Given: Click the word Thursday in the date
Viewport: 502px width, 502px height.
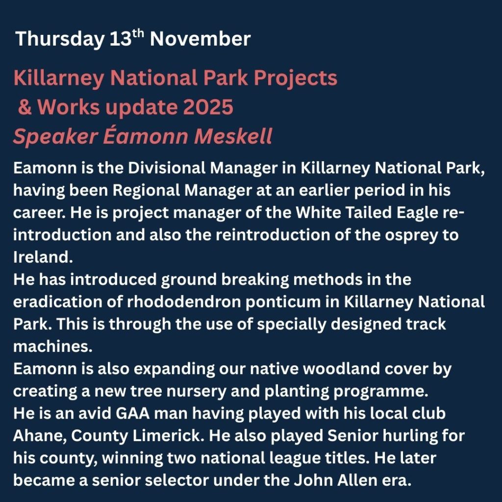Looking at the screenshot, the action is (60, 39).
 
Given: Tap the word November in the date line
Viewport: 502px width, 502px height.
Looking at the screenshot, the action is (201, 39).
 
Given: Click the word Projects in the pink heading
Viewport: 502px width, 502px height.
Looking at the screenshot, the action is (296, 78).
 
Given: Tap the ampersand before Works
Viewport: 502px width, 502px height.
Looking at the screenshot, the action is (25, 107).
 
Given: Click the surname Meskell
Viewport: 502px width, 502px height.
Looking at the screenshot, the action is (233, 136).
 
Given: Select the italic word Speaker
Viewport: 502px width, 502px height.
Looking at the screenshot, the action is (55, 137).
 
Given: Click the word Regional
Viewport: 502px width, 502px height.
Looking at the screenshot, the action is (146, 191).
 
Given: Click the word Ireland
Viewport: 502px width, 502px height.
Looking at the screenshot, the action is (43, 257).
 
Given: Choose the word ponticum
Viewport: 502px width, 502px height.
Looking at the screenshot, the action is (283, 302).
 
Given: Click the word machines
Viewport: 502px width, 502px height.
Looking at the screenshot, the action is (53, 347).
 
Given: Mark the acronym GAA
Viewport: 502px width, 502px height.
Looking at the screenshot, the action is (132, 414).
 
